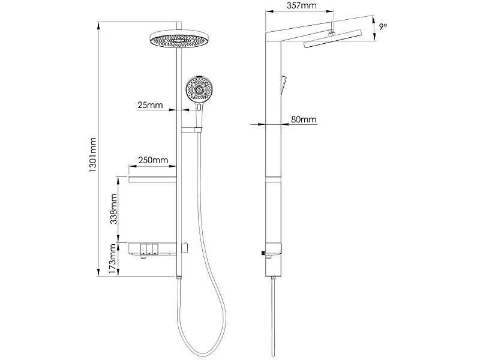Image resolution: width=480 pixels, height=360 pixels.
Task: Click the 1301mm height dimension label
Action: pyautogui.click(x=93, y=155)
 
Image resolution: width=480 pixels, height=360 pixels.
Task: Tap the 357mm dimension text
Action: pyautogui.click(x=302, y=5)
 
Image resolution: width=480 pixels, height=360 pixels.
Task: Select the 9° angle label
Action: pyautogui.click(x=383, y=26)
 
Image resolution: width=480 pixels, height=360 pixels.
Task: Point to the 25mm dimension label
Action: pyautogui.click(x=150, y=105)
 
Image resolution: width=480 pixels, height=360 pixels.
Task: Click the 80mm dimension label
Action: pyautogui.click(x=304, y=119)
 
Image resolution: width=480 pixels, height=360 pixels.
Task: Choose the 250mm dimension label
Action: pyautogui.click(x=153, y=160)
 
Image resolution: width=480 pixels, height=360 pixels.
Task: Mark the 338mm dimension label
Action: pyautogui.click(x=113, y=209)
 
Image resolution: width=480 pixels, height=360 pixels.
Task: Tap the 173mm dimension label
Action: pyautogui.click(x=113, y=259)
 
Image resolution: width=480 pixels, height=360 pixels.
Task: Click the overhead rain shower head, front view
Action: pyautogui.click(x=178, y=39)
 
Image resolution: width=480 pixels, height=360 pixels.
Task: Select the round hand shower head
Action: pyautogui.click(x=199, y=89)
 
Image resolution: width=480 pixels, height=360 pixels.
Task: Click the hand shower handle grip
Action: pyautogui.click(x=199, y=115)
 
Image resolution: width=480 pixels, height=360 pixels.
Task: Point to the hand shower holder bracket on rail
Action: pyautogui.click(x=191, y=130)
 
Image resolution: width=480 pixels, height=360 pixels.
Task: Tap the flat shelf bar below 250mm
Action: pyautogui.click(x=152, y=179)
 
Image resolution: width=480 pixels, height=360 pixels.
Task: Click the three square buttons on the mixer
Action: pyautogui.click(x=149, y=249)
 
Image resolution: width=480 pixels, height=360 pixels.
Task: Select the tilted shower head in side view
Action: pyautogui.click(x=333, y=38)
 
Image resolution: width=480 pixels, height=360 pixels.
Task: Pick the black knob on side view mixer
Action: pyautogui.click(x=263, y=253)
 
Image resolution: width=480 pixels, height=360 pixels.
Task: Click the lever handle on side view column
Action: pyautogui.click(x=283, y=85)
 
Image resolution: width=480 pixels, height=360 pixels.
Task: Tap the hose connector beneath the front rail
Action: pyautogui.click(x=179, y=278)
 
